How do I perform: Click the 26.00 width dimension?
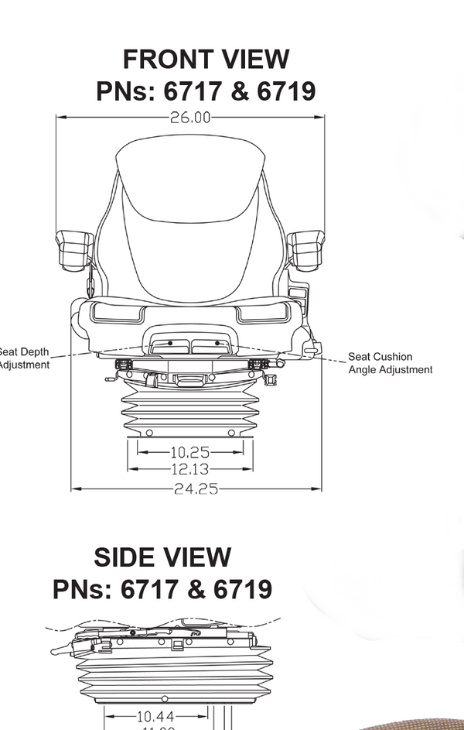point(189,118)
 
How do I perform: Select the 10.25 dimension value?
point(189,452)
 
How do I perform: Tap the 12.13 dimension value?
point(189,469)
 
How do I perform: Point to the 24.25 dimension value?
point(196,489)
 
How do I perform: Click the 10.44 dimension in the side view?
point(155,717)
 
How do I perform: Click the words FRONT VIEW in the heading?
point(206,60)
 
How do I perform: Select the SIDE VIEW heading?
point(162,557)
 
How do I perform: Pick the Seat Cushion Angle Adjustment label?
point(390,363)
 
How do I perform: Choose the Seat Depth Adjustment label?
point(23,358)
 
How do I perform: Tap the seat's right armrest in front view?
point(306,247)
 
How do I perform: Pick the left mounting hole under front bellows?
point(149,433)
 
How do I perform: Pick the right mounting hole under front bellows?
point(231,433)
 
